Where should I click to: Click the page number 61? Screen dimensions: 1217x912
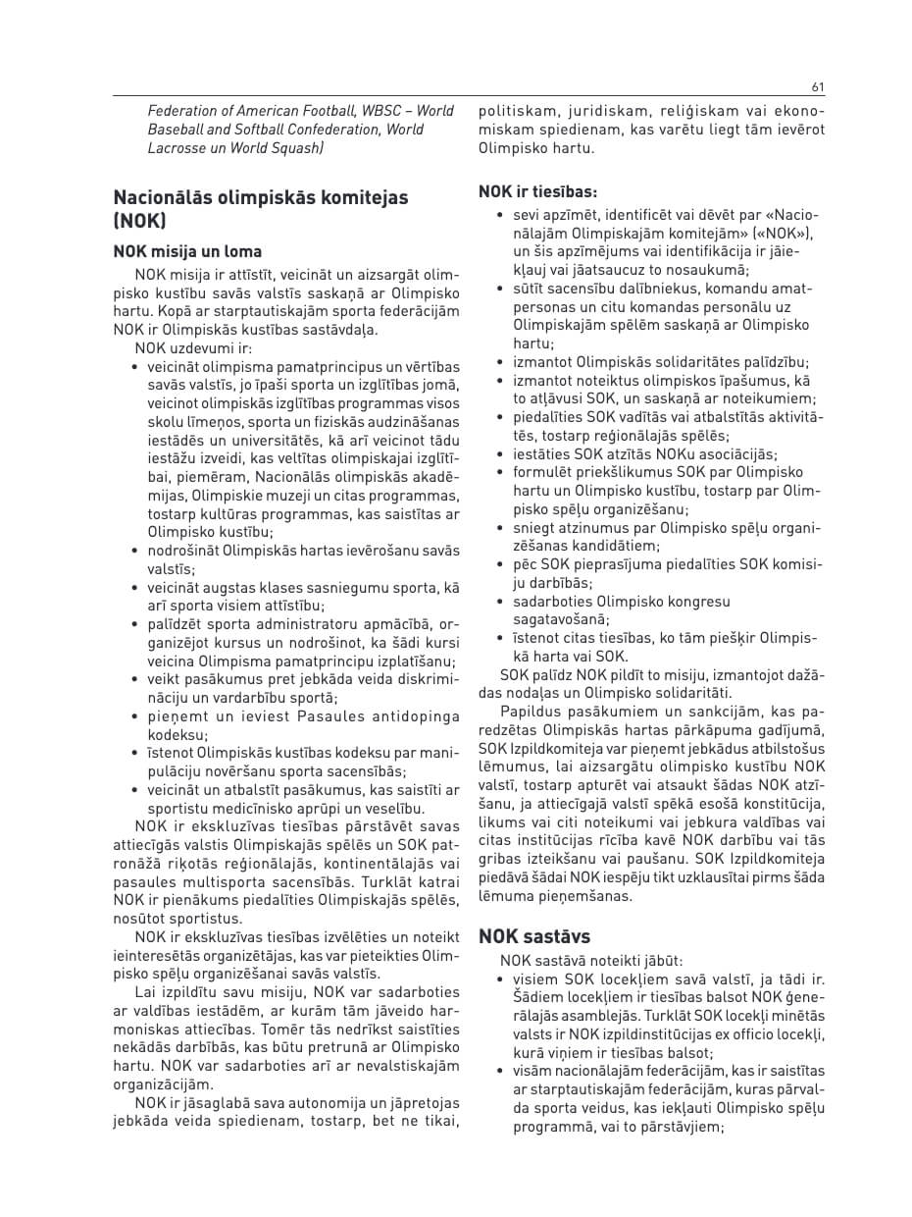click(818, 86)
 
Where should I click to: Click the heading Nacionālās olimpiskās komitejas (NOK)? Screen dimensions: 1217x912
click(260, 208)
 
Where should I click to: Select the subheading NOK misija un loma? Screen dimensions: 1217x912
click(187, 251)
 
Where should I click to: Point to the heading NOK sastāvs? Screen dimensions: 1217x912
click(534, 936)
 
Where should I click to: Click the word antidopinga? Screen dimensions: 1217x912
click(418, 716)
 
